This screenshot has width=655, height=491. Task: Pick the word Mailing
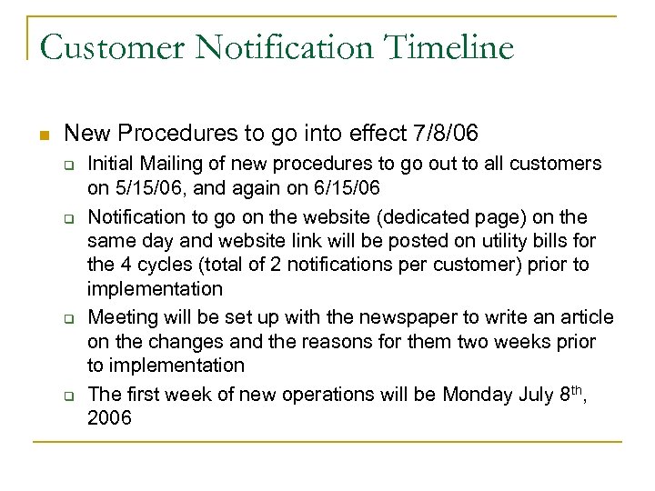[x=172, y=164]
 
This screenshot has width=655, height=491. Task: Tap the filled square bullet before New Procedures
[x=42, y=135]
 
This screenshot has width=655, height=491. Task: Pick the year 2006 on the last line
[x=109, y=418]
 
